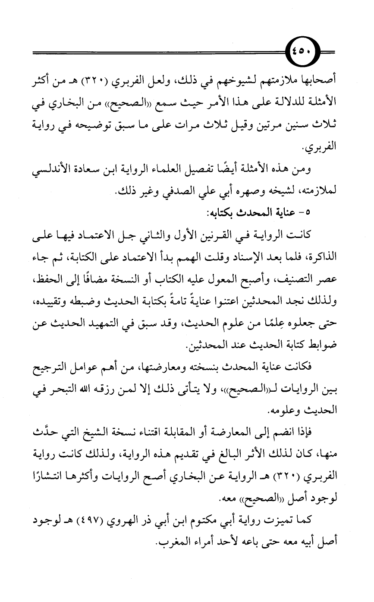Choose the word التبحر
[62, 390]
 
